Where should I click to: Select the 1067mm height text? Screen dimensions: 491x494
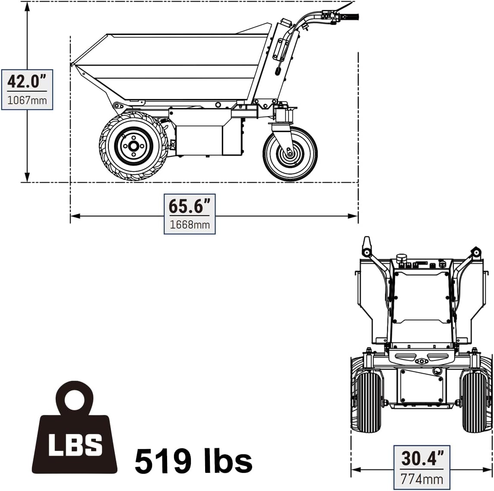[x=27, y=100]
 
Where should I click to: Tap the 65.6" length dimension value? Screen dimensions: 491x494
[x=189, y=206]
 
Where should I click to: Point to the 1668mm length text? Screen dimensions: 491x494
[x=190, y=225]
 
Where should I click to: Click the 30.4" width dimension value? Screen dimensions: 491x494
[x=421, y=458]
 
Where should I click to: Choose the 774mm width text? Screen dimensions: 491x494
[x=421, y=479]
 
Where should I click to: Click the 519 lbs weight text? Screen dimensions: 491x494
[x=193, y=461]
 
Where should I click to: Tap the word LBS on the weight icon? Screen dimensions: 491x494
[x=75, y=444]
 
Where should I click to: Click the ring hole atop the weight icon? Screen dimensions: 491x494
[x=74, y=399]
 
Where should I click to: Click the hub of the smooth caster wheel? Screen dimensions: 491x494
[x=288, y=152]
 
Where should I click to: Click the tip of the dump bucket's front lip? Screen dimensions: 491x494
[x=72, y=65]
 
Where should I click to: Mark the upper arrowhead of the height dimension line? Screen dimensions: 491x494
[x=27, y=6]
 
